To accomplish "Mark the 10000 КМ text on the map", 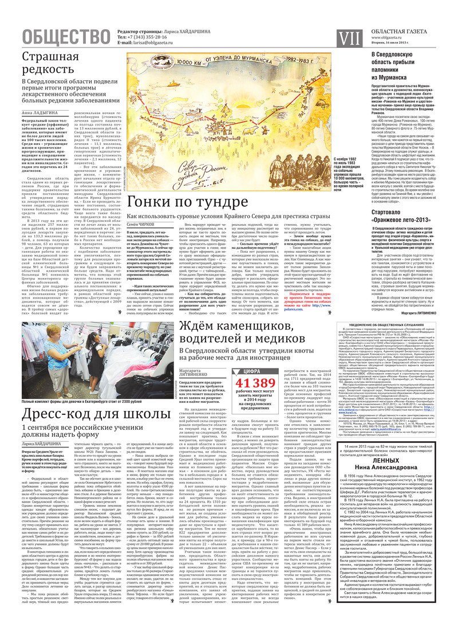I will tap(191, 60).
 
